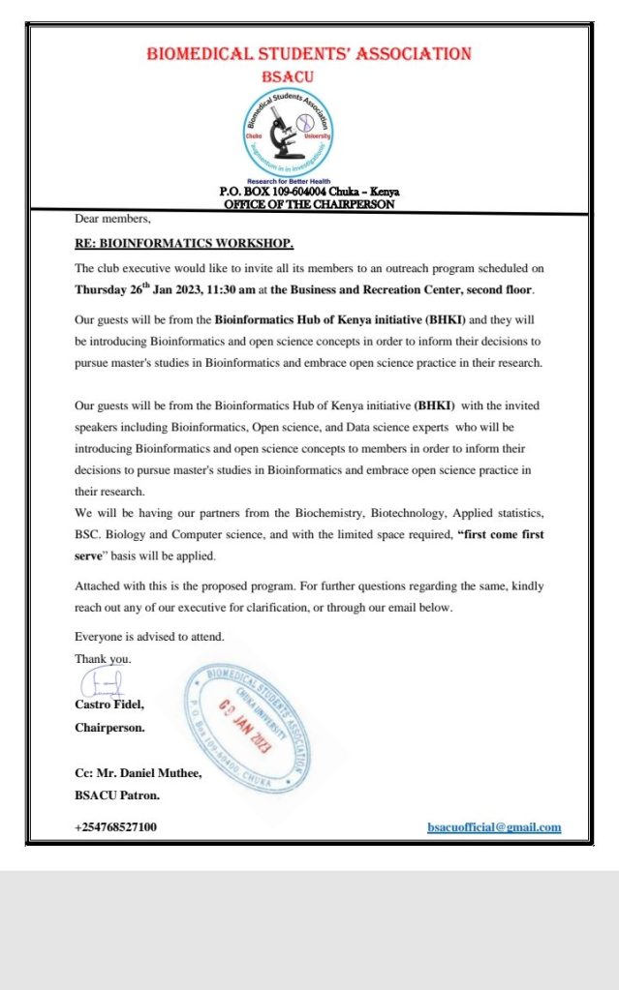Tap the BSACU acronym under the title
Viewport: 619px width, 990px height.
(x=308, y=75)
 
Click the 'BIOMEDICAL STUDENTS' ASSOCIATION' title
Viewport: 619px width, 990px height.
(x=309, y=53)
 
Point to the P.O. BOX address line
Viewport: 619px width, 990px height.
(x=309, y=192)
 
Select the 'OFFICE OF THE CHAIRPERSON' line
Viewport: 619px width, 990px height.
(x=309, y=204)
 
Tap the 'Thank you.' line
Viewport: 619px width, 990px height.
(x=103, y=658)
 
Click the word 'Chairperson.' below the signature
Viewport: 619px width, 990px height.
(x=110, y=727)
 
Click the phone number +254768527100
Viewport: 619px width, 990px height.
(x=115, y=827)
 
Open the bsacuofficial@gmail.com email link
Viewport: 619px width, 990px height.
(x=494, y=827)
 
